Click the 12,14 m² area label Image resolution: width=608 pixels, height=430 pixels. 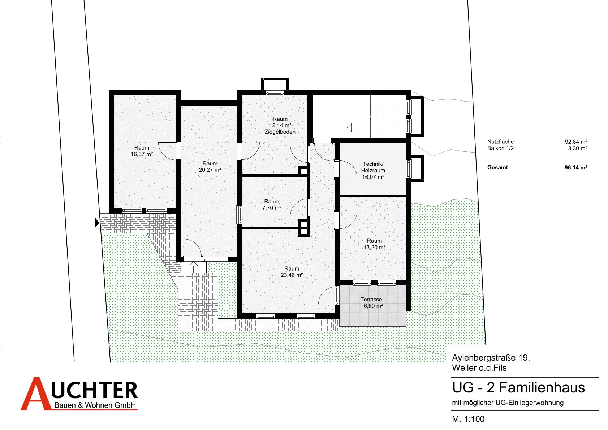click(x=280, y=125)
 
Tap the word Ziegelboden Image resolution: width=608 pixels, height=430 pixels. click(x=280, y=132)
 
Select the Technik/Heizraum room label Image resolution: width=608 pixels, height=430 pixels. click(x=373, y=167)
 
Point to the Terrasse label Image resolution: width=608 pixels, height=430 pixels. click(x=371, y=300)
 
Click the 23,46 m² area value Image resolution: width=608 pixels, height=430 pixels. click(x=292, y=275)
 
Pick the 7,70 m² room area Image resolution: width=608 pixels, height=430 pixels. click(x=272, y=208)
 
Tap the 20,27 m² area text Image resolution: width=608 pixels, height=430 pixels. click(x=210, y=170)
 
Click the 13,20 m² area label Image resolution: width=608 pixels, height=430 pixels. click(x=375, y=247)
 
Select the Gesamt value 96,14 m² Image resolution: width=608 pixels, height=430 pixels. click(x=576, y=168)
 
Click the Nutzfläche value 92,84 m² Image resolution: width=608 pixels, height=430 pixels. click(x=576, y=142)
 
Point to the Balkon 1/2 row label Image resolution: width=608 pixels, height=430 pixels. click(x=500, y=148)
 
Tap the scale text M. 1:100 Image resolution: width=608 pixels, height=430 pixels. click(x=468, y=419)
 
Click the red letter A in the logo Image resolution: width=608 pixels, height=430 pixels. click(x=36, y=394)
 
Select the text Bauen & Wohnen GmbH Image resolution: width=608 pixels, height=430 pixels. click(x=95, y=405)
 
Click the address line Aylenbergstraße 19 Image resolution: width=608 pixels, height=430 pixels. click(x=491, y=358)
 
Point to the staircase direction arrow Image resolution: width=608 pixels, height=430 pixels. click(x=349, y=127)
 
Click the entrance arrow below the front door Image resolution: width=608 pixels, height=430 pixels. click(x=194, y=263)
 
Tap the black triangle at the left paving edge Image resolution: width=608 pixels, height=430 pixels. click(x=97, y=223)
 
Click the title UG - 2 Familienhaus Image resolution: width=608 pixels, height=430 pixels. click(x=518, y=388)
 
